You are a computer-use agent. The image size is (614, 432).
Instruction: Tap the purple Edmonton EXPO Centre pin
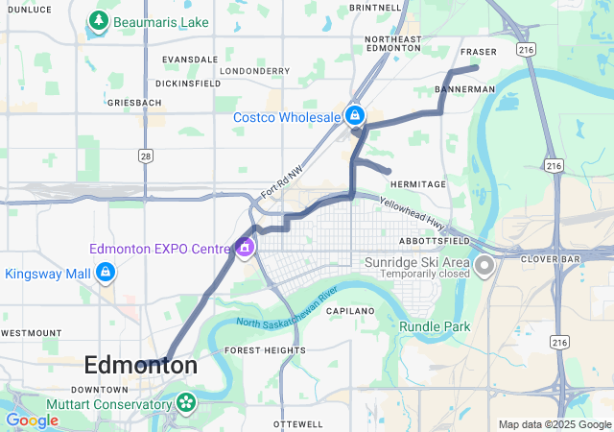[245, 249]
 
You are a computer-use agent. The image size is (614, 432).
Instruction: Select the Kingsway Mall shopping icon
[106, 275]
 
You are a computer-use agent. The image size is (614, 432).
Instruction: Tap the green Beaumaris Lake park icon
[98, 20]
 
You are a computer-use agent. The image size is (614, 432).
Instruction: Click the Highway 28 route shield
[145, 156]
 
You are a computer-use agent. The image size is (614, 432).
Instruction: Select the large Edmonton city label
[141, 366]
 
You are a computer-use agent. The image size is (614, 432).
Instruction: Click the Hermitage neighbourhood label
[418, 184]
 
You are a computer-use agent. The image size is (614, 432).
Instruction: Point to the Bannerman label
[464, 89]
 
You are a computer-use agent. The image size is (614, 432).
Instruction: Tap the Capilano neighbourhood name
[349, 312]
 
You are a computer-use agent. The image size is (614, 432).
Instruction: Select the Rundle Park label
[435, 327]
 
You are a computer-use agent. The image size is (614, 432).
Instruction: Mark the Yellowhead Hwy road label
[413, 212]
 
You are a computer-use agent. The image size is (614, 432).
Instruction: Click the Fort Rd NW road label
[282, 181]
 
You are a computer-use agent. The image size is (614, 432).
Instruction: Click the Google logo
[32, 420]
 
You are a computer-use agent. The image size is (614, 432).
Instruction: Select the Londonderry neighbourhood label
[254, 71]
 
